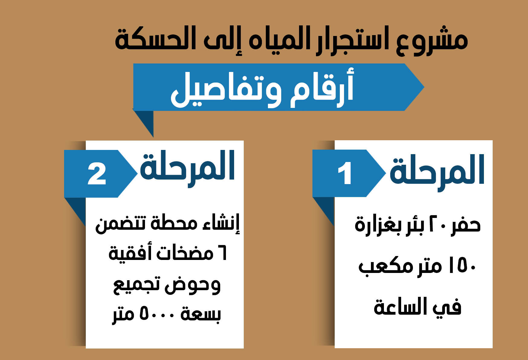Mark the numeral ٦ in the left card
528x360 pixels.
click(x=221, y=254)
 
